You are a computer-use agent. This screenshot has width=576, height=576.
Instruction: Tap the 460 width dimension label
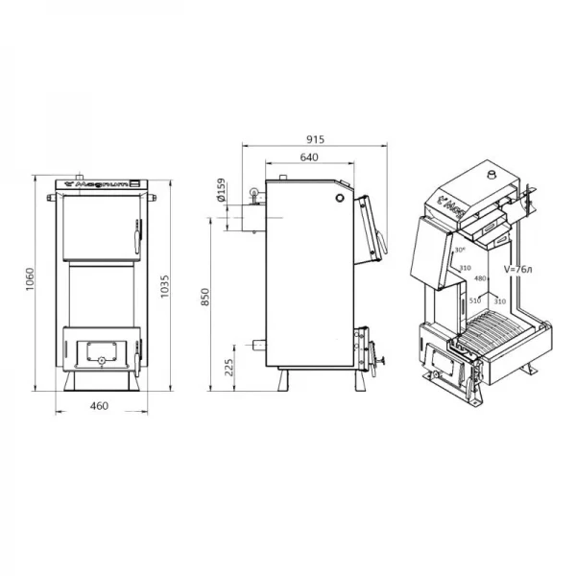(98, 406)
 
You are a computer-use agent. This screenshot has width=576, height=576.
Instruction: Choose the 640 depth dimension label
(308, 156)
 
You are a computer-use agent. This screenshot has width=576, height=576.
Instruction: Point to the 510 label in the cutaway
(473, 300)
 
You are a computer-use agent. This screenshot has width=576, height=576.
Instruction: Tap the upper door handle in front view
(137, 229)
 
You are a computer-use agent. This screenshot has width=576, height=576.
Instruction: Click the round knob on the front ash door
(99, 360)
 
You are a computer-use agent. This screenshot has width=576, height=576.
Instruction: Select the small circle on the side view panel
(338, 198)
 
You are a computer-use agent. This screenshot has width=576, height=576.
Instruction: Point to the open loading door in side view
(372, 230)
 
